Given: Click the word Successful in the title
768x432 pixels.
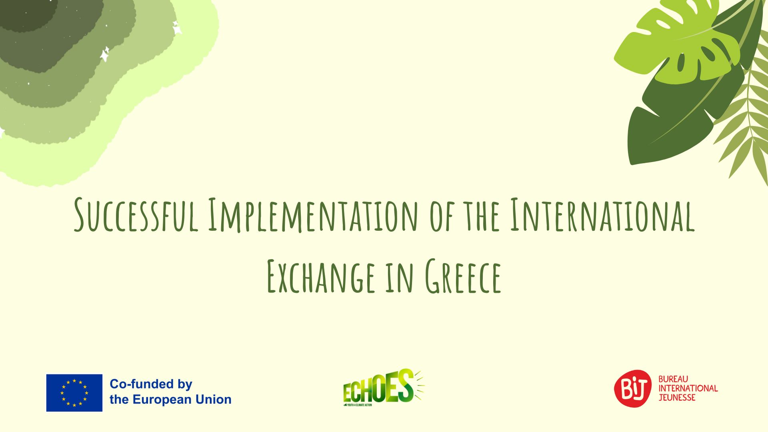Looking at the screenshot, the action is (136, 215).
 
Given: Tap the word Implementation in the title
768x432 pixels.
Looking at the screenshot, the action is (313, 215).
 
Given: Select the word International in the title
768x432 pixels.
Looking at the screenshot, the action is (602, 215).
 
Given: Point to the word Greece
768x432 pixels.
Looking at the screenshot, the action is (463, 276).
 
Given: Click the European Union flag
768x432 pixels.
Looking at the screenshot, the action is (74, 393).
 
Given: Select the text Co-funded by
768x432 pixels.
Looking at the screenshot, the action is (151, 384).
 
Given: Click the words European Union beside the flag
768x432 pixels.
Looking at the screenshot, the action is (182, 400).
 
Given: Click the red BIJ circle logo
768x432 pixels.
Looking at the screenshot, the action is (633, 388).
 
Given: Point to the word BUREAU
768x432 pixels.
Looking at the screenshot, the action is (673, 379).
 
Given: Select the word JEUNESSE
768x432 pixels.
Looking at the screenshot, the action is (677, 398).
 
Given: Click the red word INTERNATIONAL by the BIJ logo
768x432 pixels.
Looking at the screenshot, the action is (688, 388).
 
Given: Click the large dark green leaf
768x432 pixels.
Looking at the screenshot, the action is (676, 120).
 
